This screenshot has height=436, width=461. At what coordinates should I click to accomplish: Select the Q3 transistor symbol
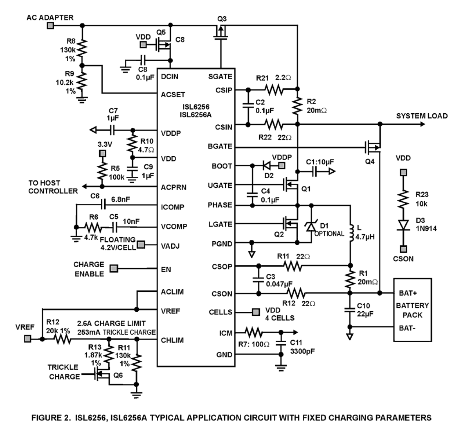(x=221, y=32)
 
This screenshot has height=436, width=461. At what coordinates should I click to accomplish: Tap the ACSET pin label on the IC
(x=173, y=95)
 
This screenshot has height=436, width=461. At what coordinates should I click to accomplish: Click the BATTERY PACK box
(x=412, y=310)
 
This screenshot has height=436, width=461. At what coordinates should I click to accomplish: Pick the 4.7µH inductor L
(x=351, y=232)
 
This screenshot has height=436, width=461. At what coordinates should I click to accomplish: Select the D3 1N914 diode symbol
(x=403, y=225)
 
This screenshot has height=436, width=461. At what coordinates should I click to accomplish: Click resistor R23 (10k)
(x=403, y=198)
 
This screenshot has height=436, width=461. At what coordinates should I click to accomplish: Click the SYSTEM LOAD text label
(x=421, y=116)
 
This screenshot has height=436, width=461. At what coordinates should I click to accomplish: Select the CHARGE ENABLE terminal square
(x=115, y=269)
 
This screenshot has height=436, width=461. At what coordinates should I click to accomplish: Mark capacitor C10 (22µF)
(x=350, y=310)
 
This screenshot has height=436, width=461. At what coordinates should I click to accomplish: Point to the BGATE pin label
(x=220, y=146)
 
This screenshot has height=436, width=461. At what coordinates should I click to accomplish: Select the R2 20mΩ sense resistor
(x=297, y=106)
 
